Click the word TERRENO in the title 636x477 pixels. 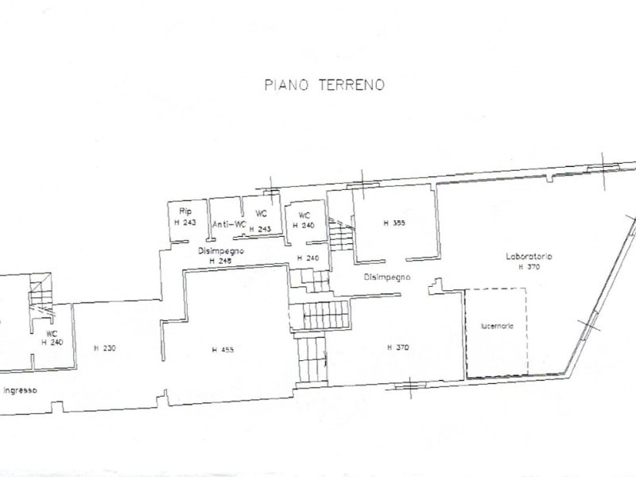(x=352, y=84)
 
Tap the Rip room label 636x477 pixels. (x=185, y=211)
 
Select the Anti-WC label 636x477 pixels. (x=228, y=224)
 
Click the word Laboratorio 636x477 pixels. (x=529, y=257)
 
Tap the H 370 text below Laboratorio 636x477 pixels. (x=529, y=267)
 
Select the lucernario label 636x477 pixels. (x=496, y=326)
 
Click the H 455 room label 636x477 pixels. (x=223, y=350)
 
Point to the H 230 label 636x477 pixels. (x=103, y=348)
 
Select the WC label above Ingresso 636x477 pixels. (x=52, y=334)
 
